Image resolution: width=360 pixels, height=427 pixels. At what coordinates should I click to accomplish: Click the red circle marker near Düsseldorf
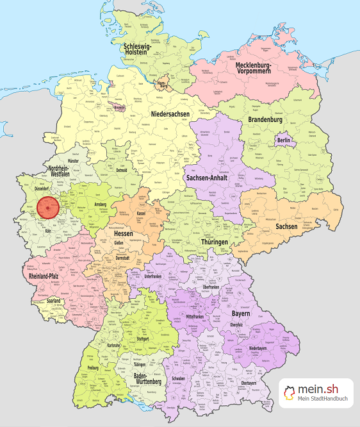(48, 208)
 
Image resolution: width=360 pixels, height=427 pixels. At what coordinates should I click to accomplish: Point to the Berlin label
(284, 140)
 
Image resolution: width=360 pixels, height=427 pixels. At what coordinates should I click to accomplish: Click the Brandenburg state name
(265, 119)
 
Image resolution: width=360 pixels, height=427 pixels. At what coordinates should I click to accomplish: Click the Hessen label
(126, 235)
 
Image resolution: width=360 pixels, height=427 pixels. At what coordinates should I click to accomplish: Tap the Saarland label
(53, 300)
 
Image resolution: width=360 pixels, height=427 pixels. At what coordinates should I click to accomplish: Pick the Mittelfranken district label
(199, 316)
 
